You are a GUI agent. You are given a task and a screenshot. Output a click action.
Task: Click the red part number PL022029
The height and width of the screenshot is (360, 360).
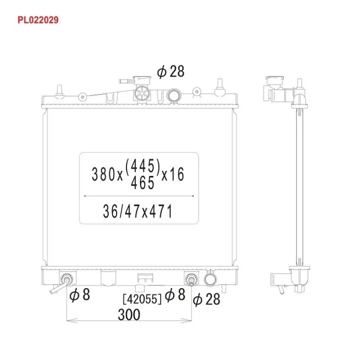(x=38, y=20)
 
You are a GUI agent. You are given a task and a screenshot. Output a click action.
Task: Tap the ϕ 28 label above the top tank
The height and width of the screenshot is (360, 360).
(x=171, y=71)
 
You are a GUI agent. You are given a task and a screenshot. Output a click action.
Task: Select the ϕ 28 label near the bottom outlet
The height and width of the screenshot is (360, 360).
(x=206, y=299)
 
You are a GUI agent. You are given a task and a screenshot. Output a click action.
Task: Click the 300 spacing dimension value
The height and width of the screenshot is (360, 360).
(x=129, y=314)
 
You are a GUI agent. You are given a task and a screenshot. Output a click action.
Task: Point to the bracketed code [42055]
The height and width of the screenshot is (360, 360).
(x=142, y=299)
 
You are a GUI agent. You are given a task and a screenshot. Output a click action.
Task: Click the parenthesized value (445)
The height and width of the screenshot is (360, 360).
(x=142, y=165)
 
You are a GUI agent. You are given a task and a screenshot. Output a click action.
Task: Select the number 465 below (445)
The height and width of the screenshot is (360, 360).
(x=142, y=183)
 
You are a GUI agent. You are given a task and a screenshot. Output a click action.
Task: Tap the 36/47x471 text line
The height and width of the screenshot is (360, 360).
(x=138, y=211)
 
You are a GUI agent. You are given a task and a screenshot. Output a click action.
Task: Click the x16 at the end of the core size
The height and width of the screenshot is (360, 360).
(x=172, y=174)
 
